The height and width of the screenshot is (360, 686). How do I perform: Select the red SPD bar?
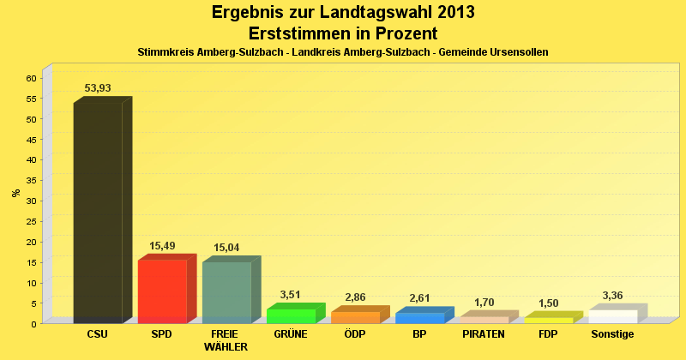coord(162,291)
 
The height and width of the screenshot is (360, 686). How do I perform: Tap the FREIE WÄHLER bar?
coord(226,292)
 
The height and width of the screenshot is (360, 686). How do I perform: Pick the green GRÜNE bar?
coord(291,315)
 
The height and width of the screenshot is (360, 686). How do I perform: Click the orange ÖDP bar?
coord(355,317)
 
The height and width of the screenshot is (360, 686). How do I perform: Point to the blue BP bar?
coord(419,317)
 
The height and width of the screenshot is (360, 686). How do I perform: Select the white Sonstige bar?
coord(612,316)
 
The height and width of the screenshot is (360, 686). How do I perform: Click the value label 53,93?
coord(98,88)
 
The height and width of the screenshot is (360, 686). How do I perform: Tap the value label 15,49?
coord(162,246)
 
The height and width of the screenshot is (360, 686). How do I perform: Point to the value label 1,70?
coord(484,303)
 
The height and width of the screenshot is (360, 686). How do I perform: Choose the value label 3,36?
coord(612,296)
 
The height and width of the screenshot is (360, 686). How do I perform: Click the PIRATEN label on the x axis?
coord(484,333)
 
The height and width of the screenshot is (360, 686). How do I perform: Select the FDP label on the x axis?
coord(548,333)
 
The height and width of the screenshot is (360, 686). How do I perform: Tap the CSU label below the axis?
coord(98,333)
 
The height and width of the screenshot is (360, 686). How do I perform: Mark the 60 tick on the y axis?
coord(31,78)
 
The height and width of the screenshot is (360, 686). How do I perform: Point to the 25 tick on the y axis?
coord(31,221)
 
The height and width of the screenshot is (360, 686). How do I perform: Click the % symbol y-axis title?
coord(16,193)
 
